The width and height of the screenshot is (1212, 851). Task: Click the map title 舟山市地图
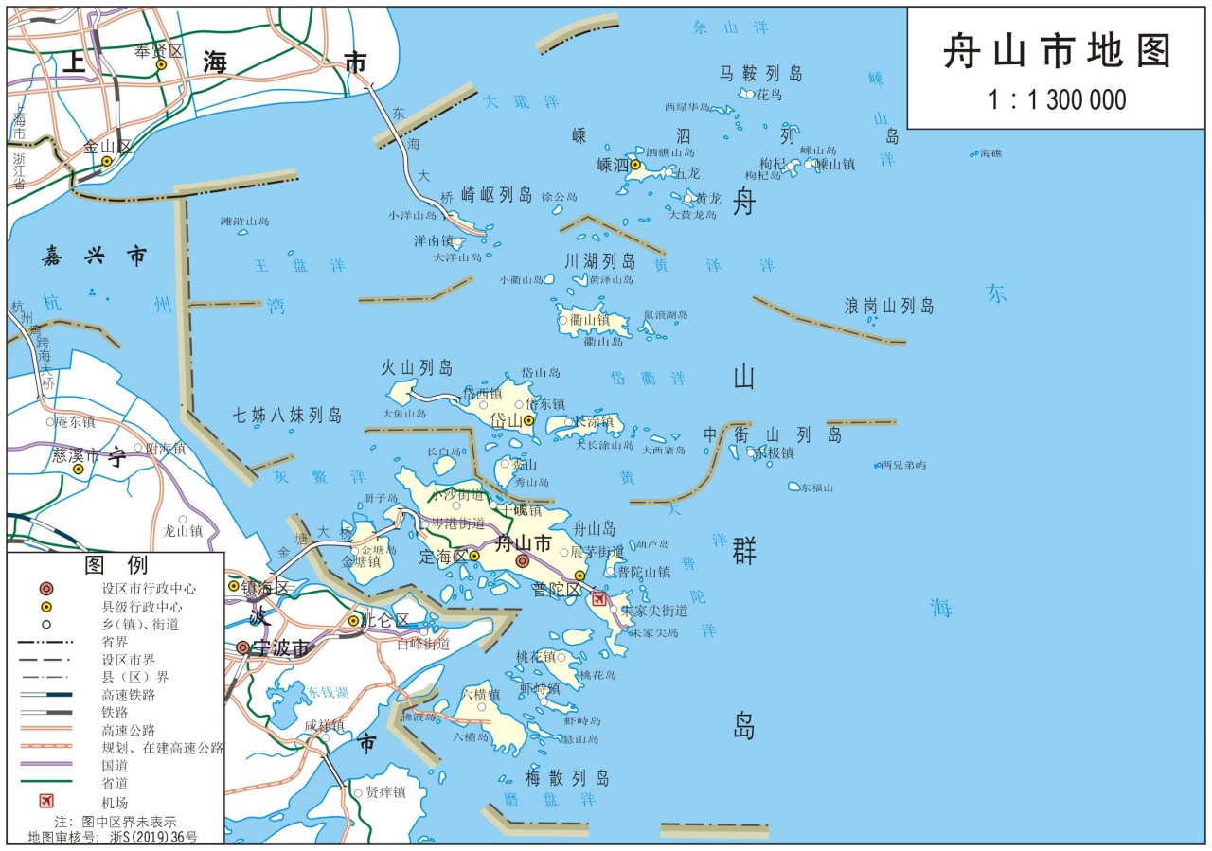(x=1057, y=52)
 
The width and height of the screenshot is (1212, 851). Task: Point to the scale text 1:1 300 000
(x=1057, y=99)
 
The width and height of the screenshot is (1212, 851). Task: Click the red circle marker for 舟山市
(x=522, y=561)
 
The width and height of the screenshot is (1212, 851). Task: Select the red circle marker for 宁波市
(x=243, y=648)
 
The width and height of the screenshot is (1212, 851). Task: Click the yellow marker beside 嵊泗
(x=635, y=165)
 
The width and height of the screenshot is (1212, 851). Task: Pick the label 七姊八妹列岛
(x=288, y=415)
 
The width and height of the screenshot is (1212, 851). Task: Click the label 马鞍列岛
(x=760, y=73)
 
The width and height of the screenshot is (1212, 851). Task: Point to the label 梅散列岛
(x=568, y=778)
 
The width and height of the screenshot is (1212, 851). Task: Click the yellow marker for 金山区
(x=107, y=161)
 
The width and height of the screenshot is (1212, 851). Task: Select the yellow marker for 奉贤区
(x=161, y=65)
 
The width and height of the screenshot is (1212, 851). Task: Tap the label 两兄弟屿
(x=903, y=465)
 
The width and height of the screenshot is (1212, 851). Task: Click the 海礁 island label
(x=990, y=153)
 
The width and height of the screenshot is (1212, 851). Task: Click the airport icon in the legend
(x=46, y=801)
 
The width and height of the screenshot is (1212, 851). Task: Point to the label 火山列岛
(x=417, y=367)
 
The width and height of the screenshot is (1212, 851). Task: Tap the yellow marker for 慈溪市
(x=79, y=469)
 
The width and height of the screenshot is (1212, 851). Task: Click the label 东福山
(x=817, y=488)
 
